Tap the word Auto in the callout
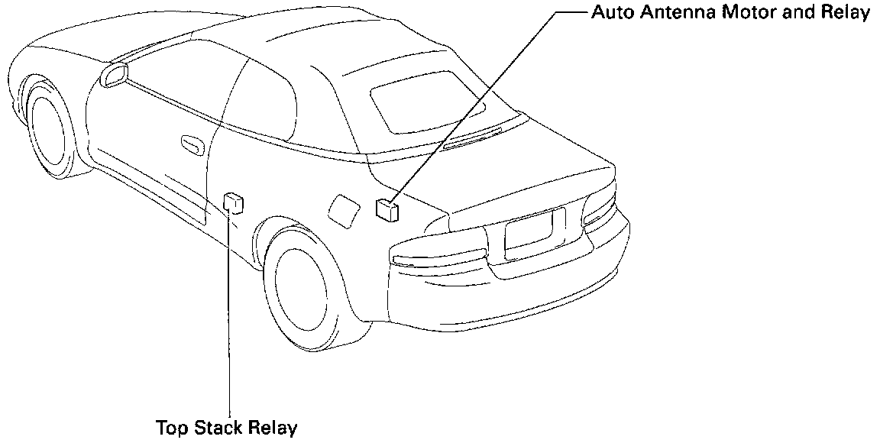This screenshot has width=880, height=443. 610,15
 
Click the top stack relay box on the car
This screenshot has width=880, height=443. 233,204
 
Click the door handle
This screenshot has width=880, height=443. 192,144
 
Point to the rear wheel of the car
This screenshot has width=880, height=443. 309,286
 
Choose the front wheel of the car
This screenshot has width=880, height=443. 47,127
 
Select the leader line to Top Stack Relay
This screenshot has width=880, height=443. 229,321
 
